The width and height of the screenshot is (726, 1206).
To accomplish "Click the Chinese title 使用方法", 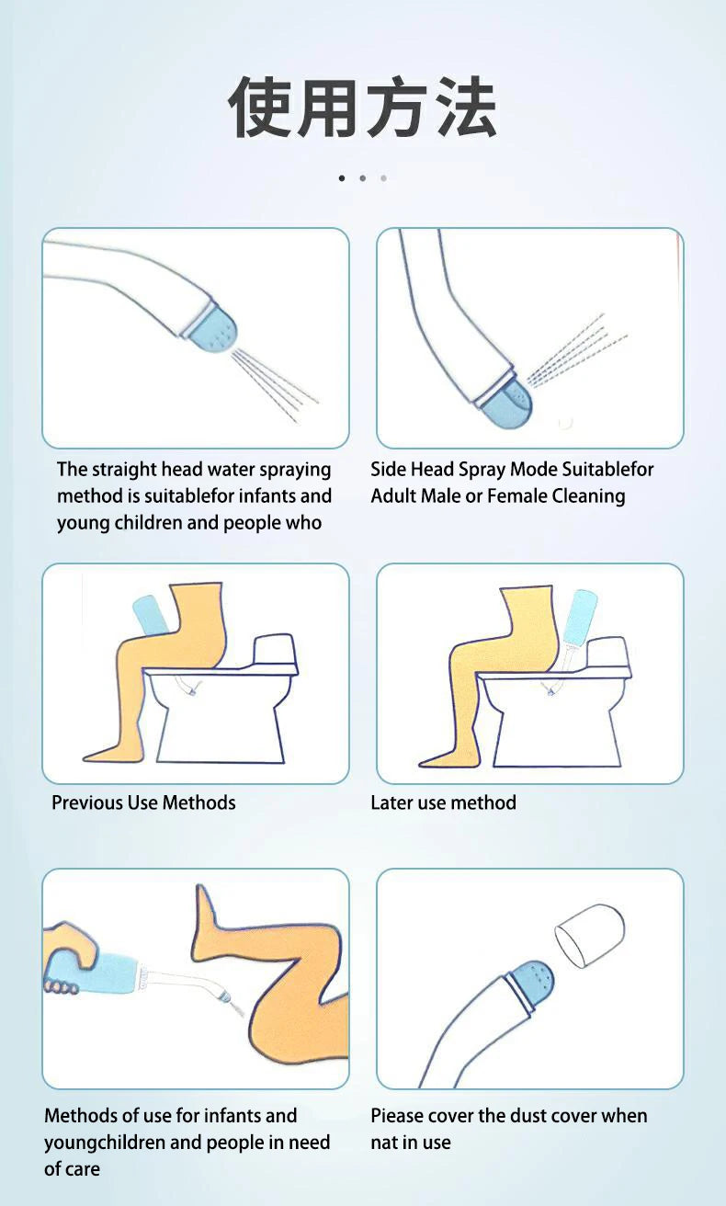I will (x=362, y=108).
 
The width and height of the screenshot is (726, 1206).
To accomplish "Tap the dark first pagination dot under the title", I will (x=342, y=177).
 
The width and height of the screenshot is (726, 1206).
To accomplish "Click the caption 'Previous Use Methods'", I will (x=143, y=802).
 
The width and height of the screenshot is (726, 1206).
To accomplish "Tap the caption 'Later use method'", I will (x=443, y=802).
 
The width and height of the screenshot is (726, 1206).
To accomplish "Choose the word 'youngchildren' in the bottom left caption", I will (x=105, y=1143).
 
